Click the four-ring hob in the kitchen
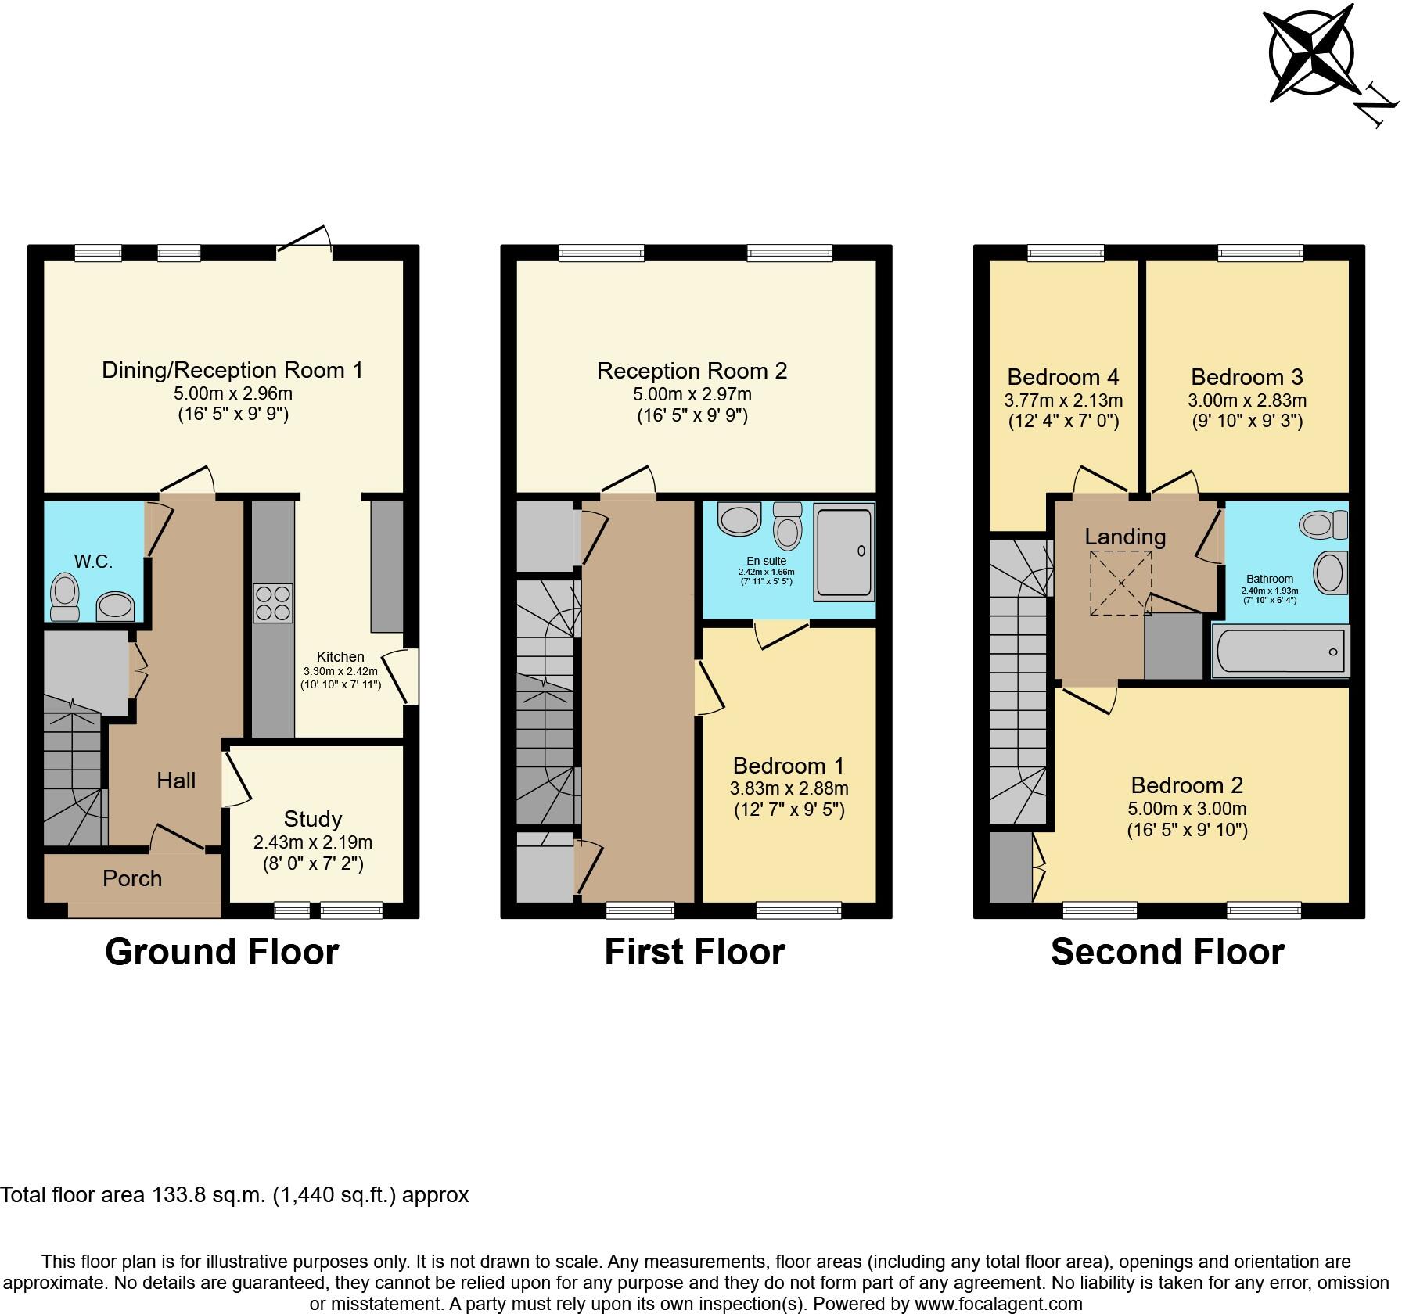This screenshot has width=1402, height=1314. click(x=273, y=603)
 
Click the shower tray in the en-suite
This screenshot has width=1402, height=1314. click(x=843, y=551)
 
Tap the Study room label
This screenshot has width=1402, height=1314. click(x=312, y=819)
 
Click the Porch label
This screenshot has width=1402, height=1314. click(x=132, y=878)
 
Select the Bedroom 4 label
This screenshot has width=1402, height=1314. click(x=1062, y=377)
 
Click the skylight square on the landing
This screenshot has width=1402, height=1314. click(x=1121, y=583)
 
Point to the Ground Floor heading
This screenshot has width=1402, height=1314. click(x=221, y=952)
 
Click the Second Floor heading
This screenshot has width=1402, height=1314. click(x=1167, y=952)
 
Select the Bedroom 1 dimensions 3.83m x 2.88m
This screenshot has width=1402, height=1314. click(x=790, y=788)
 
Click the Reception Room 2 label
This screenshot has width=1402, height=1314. click(x=692, y=371)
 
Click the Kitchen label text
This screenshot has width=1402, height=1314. click(x=340, y=657)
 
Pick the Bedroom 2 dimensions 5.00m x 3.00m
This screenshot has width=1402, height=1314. click(x=1187, y=809)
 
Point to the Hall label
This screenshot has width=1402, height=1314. click(x=176, y=780)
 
